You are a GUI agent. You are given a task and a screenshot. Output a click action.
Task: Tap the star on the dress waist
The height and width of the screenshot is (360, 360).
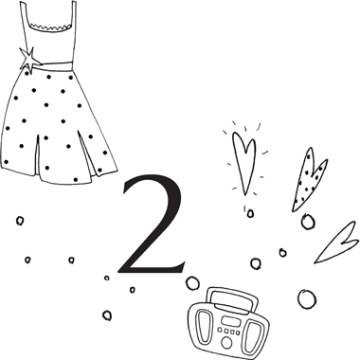[29, 60]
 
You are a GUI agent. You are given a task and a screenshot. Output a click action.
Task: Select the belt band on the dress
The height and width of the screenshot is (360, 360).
[54, 65]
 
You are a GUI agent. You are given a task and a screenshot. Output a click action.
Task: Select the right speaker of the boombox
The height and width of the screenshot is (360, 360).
[253, 336]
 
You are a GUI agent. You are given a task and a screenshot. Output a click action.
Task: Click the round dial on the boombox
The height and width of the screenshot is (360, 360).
[226, 342]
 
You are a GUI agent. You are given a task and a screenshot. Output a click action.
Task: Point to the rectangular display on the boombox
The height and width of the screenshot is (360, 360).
[227, 321]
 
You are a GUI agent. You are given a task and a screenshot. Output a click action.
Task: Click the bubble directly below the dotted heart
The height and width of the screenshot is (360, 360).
[308, 221]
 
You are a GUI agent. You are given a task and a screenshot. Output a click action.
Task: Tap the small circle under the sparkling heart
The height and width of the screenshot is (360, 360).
[250, 213]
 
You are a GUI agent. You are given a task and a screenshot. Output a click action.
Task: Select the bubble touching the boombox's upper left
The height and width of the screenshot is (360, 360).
[192, 283]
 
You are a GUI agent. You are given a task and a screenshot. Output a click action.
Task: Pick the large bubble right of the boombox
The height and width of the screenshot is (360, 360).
[307, 298]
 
